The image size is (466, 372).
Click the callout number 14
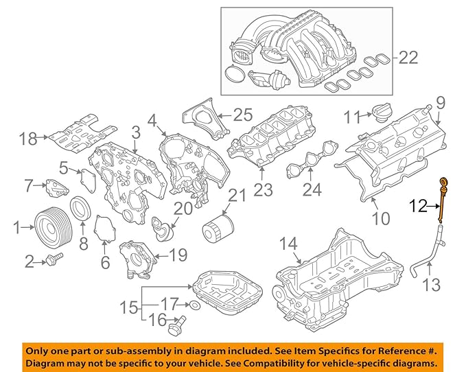(x=288, y=244)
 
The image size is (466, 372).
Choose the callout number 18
(x=27, y=139)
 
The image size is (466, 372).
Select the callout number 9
(x=440, y=103)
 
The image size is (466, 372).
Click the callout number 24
(x=312, y=189)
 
